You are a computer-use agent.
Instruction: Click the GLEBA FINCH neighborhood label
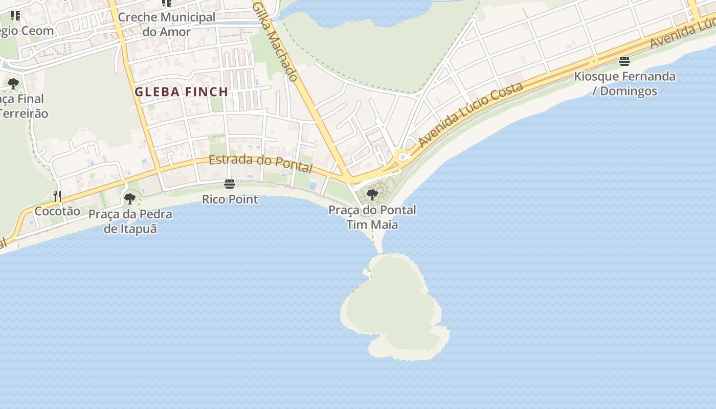[x=181, y=92]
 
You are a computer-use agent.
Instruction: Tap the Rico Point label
[x=230, y=199]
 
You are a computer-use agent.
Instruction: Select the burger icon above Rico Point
[x=230, y=184]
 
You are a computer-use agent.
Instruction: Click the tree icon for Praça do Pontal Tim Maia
[x=372, y=194]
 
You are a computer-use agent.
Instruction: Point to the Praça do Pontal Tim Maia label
[x=372, y=217]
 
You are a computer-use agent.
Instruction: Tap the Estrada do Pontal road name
[x=260, y=163]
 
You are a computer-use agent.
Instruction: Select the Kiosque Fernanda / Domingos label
[x=624, y=84]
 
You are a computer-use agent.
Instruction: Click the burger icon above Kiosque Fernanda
[x=624, y=61]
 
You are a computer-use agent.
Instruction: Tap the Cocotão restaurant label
[x=57, y=211]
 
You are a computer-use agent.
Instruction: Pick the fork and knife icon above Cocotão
[x=57, y=196]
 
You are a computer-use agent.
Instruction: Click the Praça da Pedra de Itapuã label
[x=130, y=221]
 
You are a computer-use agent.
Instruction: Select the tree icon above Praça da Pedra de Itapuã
[x=130, y=199]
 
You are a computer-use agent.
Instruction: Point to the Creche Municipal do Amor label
[x=166, y=24]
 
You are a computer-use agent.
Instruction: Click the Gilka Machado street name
[x=275, y=41]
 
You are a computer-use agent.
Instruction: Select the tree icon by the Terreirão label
[x=13, y=84]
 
